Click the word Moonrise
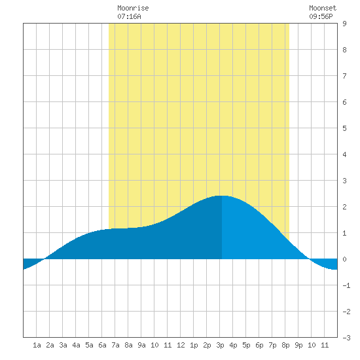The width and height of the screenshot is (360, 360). point(133,8)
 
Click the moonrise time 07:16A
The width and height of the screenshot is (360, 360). point(129,16)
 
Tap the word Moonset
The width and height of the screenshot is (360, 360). point(323,8)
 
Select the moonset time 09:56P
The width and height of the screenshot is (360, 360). point(321,16)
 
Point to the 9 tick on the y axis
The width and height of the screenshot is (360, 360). point(344,24)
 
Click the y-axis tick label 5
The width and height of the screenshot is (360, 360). point(344,128)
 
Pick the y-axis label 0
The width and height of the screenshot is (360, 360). point(344,259)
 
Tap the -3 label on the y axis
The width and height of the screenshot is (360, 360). point(346,338)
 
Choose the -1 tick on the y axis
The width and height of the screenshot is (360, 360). point(346,285)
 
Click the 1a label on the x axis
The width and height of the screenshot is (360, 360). point(37,345)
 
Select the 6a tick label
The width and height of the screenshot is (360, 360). point(102,345)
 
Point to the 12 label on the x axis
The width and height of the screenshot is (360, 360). point(181,345)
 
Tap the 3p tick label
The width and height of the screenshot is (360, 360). point(220,345)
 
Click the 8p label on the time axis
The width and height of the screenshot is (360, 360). point(285,345)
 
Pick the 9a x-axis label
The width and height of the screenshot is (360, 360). point(141,345)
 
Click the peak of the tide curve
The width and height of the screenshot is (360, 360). point(222,196)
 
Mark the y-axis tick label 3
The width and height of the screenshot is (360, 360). point(344,181)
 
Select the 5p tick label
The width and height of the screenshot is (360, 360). point(246,345)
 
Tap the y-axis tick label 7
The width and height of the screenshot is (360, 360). point(344,76)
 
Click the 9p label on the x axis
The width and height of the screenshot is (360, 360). point(298,345)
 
